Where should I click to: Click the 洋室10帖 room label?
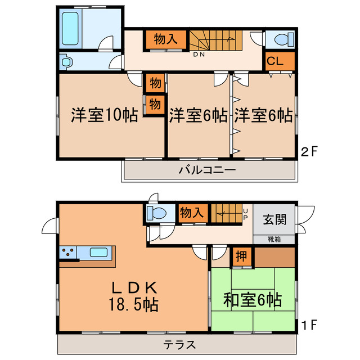pos(105,115)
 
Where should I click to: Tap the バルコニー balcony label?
pos(208,170)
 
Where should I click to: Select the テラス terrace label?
pos(179,344)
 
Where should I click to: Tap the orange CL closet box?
pos(274,61)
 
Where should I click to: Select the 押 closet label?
pos(240,257)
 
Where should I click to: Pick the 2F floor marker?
pos(309,151)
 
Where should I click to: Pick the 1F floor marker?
pos(309,325)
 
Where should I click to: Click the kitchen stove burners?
pos(69,253)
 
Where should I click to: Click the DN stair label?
pos(199,55)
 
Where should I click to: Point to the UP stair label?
pos(246,215)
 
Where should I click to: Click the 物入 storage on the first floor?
pos(191,213)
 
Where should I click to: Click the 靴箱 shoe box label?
pos(273,239)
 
